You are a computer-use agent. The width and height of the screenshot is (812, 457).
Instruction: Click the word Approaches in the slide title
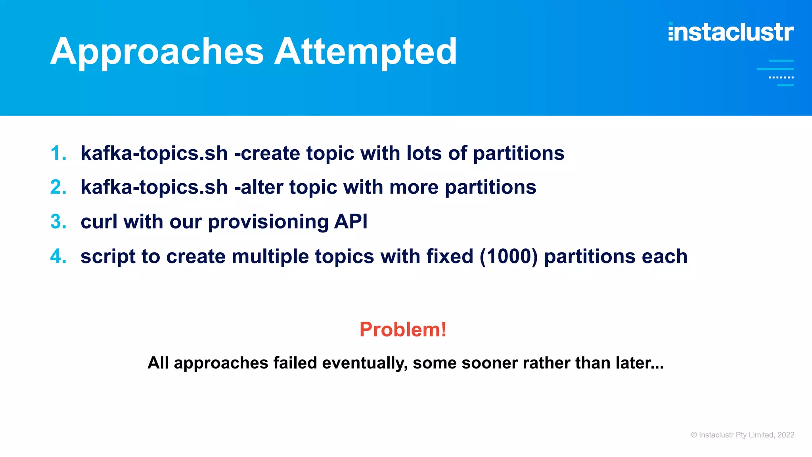(x=157, y=52)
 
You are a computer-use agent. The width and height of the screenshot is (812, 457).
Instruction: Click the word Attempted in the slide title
(x=366, y=52)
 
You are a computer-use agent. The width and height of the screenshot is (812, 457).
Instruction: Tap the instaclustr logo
(x=731, y=32)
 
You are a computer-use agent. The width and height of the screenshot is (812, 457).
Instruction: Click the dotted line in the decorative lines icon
(x=781, y=77)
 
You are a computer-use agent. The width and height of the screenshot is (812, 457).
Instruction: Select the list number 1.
(x=58, y=154)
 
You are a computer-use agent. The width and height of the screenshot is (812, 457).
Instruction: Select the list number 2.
(x=58, y=187)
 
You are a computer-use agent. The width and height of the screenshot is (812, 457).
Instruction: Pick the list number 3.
(x=58, y=222)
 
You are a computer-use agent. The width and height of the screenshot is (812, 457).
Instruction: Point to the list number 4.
(x=58, y=256)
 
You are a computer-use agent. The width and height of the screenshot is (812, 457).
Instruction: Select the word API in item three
(x=350, y=221)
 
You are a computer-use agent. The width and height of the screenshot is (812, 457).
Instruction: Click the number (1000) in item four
(x=509, y=256)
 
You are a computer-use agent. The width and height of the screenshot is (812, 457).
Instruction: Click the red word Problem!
(x=403, y=330)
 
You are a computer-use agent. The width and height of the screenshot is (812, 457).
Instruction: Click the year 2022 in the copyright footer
(x=786, y=435)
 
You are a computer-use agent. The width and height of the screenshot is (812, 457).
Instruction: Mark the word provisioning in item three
(x=268, y=222)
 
